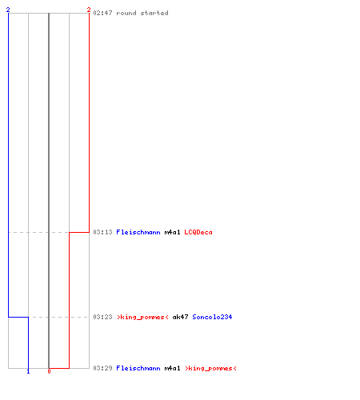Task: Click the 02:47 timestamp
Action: [x=102, y=13]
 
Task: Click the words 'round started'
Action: [x=142, y=13]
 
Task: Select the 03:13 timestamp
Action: [x=102, y=232]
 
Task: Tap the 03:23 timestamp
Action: [x=102, y=317]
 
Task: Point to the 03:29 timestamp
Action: [x=102, y=368]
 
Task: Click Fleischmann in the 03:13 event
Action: [x=138, y=232]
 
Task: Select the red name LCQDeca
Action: [x=198, y=232]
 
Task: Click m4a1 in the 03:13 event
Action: [x=172, y=232]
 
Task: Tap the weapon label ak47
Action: [x=180, y=317]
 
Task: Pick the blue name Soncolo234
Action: [x=212, y=317]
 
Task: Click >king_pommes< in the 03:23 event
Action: [x=142, y=317]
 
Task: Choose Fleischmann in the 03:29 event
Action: [x=138, y=368]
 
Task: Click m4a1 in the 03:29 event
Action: [x=172, y=368]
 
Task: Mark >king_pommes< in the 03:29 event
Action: [x=210, y=368]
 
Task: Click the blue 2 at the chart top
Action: [x=8, y=10]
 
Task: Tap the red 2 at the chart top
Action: [x=89, y=10]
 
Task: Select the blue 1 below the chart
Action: [x=28, y=371]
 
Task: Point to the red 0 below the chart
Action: [x=49, y=371]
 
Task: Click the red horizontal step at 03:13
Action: [x=79, y=232]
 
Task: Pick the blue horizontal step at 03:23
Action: [x=18, y=317]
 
